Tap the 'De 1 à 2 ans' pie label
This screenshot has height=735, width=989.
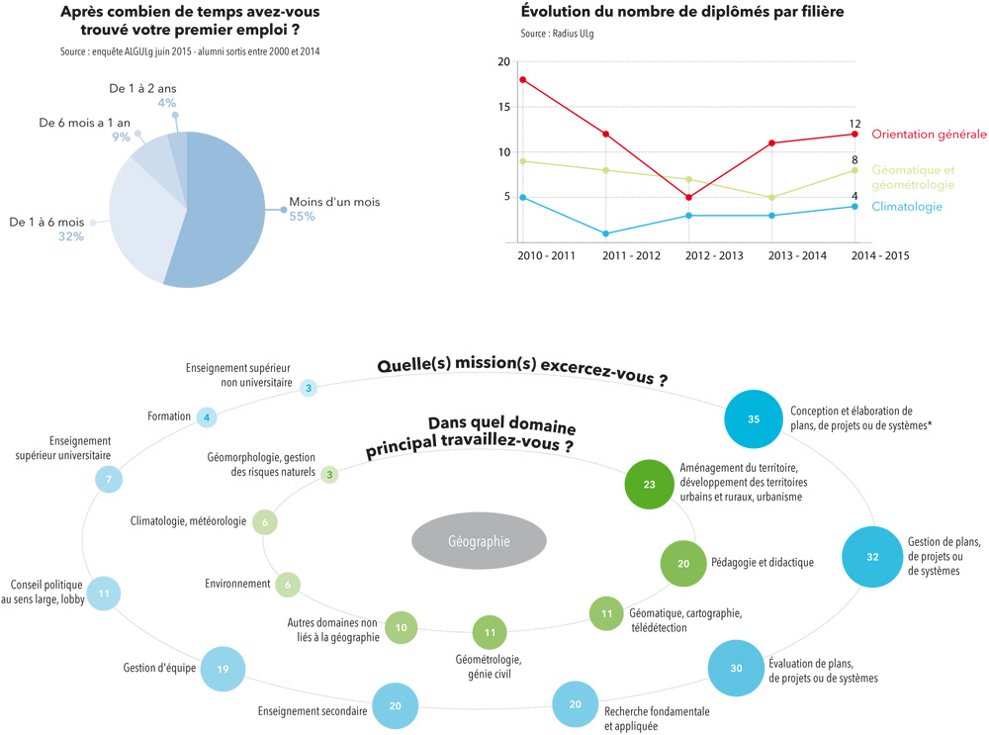point(142,89)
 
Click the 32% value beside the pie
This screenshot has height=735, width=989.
point(70,236)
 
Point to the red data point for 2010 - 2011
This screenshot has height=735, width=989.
point(522,80)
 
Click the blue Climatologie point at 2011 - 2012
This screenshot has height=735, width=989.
point(605,233)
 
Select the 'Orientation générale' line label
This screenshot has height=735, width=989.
point(929,135)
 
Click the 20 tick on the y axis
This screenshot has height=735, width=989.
point(504,62)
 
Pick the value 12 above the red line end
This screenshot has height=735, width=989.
point(855,124)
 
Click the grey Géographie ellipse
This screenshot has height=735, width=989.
point(479,541)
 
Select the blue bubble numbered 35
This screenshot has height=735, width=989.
point(754,419)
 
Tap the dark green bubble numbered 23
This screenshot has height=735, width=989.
point(650,485)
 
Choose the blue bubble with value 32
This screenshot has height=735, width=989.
point(872,557)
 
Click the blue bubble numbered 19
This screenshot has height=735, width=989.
point(223,670)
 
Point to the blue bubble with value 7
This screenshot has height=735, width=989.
point(109,480)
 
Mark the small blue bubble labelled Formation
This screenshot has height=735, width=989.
point(207,417)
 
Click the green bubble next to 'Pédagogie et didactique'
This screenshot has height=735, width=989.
point(682,563)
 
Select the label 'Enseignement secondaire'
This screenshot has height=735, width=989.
point(313,710)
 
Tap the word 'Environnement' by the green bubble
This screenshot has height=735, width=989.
point(237,584)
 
